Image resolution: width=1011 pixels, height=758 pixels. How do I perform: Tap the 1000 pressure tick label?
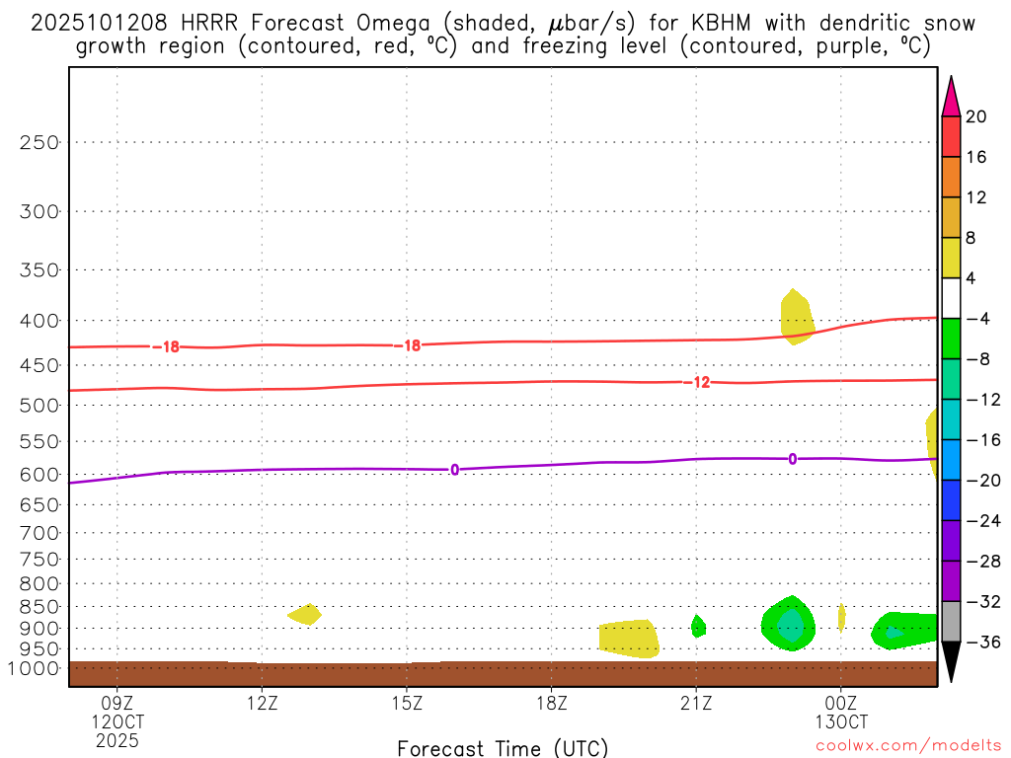[37, 669]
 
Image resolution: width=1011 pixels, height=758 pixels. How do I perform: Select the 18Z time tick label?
[551, 704]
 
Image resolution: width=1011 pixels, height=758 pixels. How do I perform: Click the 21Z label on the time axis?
[696, 704]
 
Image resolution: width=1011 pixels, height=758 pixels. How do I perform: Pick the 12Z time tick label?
[262, 704]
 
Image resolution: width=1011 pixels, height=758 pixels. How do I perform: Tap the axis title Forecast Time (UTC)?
[503, 747]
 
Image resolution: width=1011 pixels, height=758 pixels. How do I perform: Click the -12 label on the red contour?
[697, 382]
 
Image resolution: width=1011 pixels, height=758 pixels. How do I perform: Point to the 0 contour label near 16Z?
[454, 470]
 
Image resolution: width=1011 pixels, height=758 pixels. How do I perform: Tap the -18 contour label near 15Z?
[407, 345]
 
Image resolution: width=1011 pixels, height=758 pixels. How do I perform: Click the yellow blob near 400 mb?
[796, 317]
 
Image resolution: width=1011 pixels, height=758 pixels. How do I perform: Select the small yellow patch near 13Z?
[304, 614]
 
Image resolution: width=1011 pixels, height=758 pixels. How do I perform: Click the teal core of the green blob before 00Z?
[790, 625]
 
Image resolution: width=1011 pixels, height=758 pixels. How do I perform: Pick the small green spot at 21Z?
[698, 626]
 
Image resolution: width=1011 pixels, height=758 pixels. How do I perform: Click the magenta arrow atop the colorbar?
[951, 97]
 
